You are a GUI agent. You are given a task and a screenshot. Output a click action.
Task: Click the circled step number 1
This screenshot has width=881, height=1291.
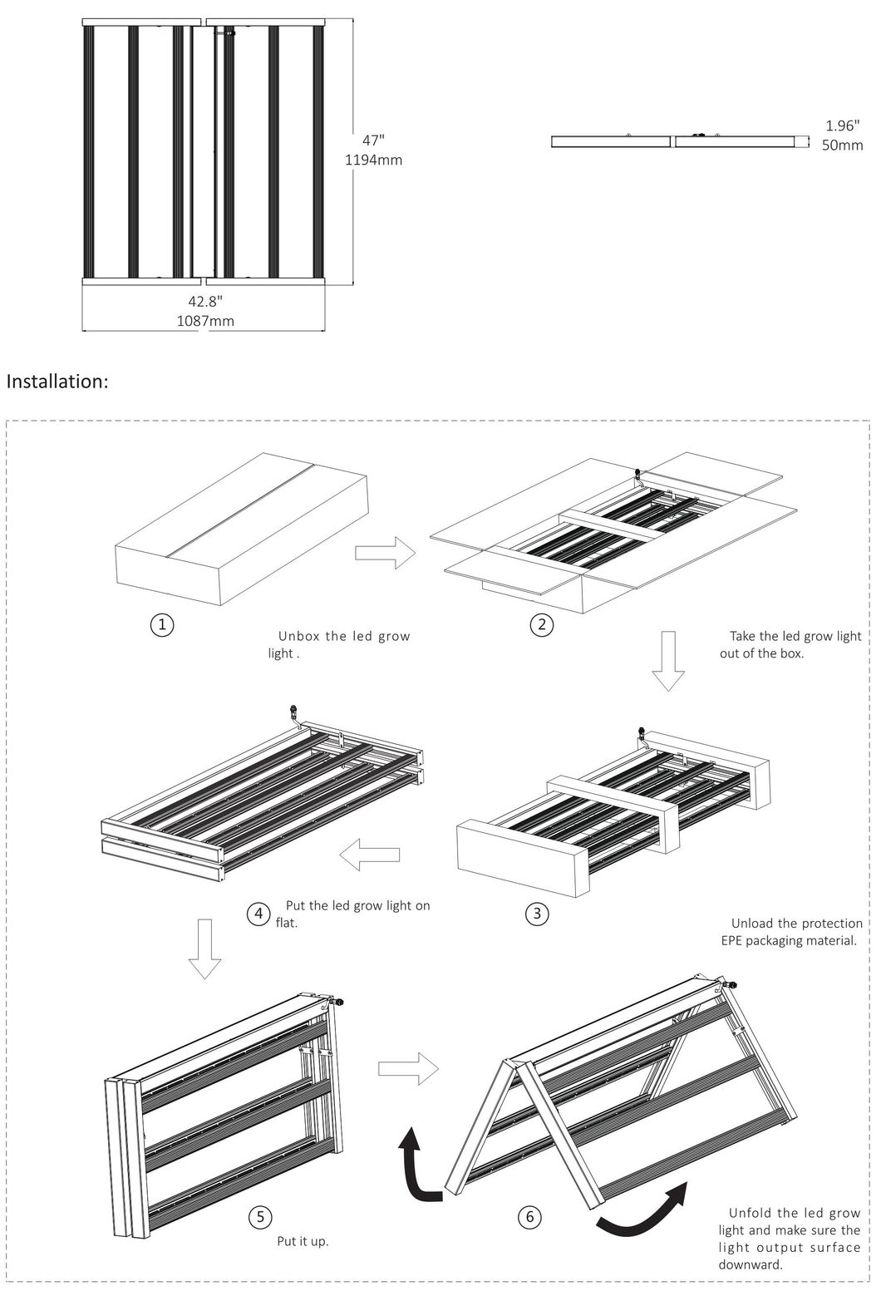163,625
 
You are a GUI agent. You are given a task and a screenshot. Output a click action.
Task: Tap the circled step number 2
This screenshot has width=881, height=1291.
541,625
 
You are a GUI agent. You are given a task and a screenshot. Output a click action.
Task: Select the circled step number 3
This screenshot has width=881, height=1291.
537,914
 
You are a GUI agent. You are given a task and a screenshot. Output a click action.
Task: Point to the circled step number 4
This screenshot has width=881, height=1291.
258,914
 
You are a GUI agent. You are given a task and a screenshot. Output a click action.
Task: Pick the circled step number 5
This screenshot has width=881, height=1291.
260,1218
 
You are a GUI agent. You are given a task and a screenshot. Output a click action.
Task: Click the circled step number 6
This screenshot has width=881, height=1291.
529,1218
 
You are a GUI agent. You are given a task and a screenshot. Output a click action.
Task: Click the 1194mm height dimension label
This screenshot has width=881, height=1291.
373,160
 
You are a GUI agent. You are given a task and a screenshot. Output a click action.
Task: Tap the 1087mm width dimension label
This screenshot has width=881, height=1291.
205,321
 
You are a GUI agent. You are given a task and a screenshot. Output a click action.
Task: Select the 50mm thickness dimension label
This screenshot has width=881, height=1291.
842,145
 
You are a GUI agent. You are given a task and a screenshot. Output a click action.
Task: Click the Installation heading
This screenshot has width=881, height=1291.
57,382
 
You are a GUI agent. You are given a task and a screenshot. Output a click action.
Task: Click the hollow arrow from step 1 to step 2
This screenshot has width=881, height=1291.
385,553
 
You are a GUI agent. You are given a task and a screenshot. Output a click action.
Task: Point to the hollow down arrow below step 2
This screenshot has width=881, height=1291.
667,661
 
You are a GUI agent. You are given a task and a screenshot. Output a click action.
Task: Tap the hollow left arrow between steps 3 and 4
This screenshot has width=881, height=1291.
373,855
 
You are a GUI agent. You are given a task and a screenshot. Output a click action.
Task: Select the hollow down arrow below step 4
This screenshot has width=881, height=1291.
204,949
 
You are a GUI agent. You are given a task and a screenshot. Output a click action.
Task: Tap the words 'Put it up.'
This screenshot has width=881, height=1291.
303,1242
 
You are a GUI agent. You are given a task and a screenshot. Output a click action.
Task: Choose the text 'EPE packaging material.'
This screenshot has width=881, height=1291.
788,941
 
